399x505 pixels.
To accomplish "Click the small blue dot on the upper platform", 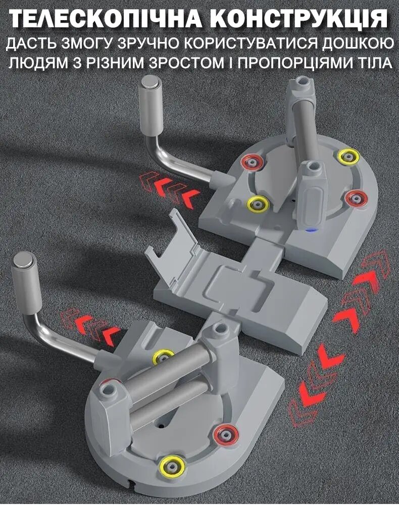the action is click(x=311, y=230).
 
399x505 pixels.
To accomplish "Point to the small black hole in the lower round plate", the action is click(x=161, y=426).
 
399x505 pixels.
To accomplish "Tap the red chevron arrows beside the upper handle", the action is click(x=169, y=187).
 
